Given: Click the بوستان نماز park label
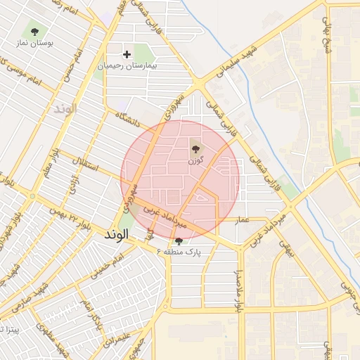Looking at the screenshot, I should click(x=36, y=44).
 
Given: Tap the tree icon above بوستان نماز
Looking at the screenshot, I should click(x=34, y=31).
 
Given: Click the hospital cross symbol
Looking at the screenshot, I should click(x=127, y=54).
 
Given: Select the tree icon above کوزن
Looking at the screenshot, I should click(x=195, y=148).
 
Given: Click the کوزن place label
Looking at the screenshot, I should click(x=195, y=160).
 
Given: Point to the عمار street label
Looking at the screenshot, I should click(x=243, y=220).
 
